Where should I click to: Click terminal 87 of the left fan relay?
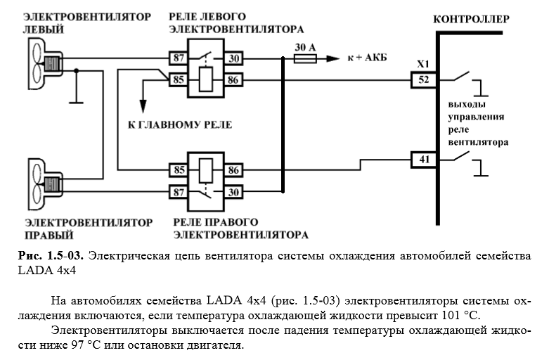[x=178, y=57]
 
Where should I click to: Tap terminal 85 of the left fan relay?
[x=178, y=80]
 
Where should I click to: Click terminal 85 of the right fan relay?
[x=178, y=169]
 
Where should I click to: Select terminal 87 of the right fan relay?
[x=178, y=192]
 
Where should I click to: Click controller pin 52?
[x=423, y=80]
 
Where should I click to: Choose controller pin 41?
[x=423, y=160]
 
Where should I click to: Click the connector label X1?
[x=423, y=64]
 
